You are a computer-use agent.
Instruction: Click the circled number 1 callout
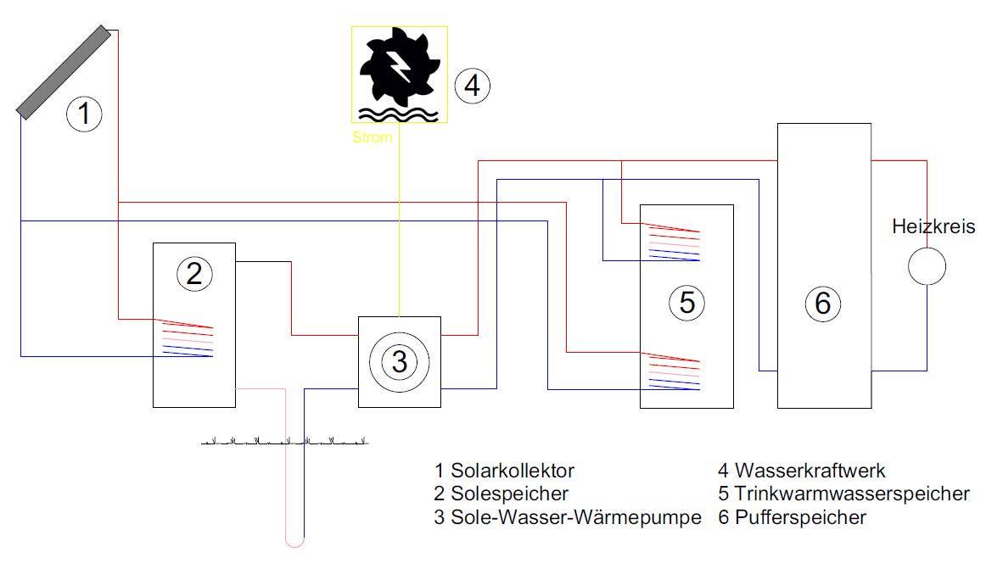(x=84, y=113)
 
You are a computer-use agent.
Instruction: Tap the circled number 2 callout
(x=193, y=273)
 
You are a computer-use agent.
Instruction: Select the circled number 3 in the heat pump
(x=399, y=362)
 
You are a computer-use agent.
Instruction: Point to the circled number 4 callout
(x=473, y=85)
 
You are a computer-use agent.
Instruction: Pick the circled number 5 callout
(x=686, y=302)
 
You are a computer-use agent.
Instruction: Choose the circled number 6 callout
(x=822, y=303)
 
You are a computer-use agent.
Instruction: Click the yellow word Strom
(x=373, y=137)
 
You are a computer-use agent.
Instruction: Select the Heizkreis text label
(x=933, y=226)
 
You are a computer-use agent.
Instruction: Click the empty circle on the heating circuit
(x=927, y=266)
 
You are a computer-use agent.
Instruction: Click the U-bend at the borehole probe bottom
(x=294, y=539)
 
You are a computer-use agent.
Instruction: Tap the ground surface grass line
(x=284, y=442)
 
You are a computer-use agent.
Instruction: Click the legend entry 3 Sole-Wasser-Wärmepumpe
(x=567, y=517)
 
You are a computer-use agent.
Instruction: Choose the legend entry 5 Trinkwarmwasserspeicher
(x=843, y=494)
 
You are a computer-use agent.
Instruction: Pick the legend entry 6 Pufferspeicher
(x=792, y=517)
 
